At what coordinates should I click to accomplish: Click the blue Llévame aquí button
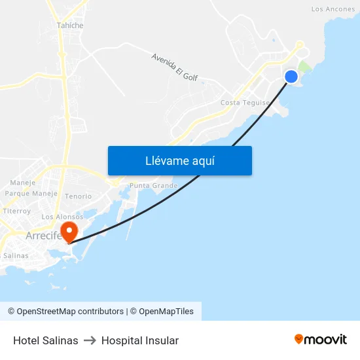(x=179, y=161)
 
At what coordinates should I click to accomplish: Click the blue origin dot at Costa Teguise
(x=291, y=77)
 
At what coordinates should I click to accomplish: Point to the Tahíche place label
(x=70, y=26)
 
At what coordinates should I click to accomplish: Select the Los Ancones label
(x=333, y=9)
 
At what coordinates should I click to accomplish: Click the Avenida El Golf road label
(x=174, y=67)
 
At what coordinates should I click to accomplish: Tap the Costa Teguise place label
(x=245, y=103)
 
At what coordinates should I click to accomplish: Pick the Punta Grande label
(x=154, y=186)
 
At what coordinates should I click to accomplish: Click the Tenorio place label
(x=79, y=196)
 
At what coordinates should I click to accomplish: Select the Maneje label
(x=23, y=183)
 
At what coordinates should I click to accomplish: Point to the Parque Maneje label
(x=31, y=194)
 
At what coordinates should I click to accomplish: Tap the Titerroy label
(x=17, y=211)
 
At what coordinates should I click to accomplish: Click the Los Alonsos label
(x=62, y=217)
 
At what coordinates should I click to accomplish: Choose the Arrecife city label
(x=43, y=236)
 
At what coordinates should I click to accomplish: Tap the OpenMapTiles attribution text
(x=166, y=312)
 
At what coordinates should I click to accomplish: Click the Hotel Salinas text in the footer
(x=46, y=340)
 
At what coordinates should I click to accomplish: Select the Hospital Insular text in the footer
(x=140, y=340)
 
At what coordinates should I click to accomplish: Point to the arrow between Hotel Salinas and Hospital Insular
(x=90, y=340)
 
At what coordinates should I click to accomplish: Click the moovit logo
(x=320, y=339)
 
